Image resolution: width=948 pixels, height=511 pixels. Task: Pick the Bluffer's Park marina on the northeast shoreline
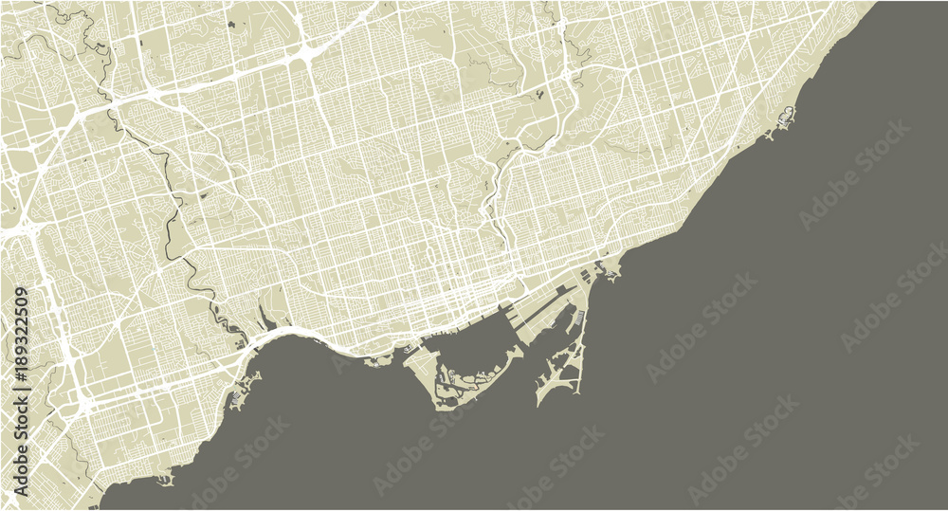(x=785, y=119)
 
